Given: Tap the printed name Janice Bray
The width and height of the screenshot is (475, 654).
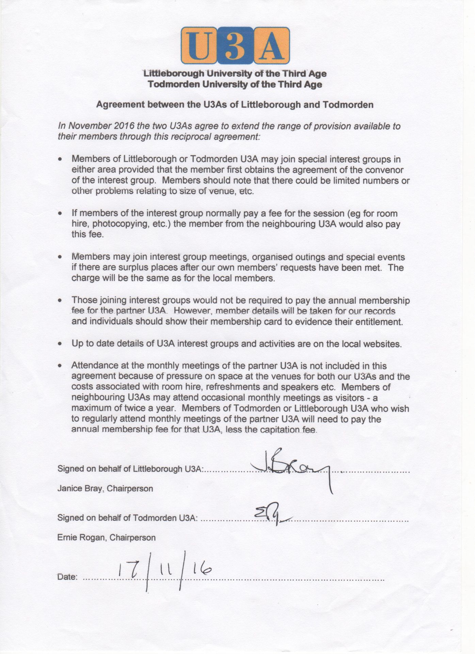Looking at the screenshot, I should pos(80,488).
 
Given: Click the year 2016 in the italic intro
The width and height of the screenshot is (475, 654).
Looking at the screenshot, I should pos(122,126).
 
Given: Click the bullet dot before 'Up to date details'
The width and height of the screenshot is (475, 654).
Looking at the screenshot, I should pos(60,344).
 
